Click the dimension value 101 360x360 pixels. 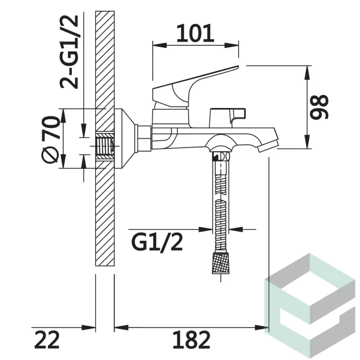click(x=195, y=33)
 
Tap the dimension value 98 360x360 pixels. click(x=320, y=107)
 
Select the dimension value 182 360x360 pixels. click(x=191, y=340)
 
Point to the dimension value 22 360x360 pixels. click(x=47, y=340)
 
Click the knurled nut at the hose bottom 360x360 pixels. click(x=220, y=263)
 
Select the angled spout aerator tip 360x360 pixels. click(x=268, y=146)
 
